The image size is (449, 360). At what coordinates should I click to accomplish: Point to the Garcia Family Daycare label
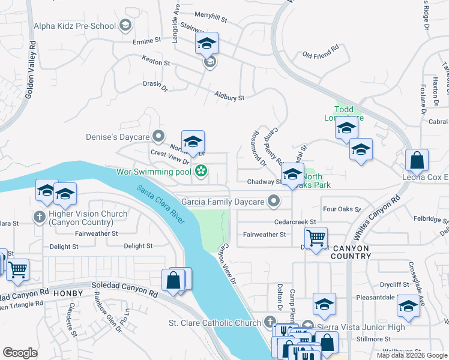(223, 202)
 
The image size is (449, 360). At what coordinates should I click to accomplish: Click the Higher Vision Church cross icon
(40, 217)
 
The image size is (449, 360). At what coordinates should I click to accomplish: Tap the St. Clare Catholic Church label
(214, 323)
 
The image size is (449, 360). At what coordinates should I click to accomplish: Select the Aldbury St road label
(230, 97)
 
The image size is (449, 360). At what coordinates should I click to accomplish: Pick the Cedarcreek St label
(294, 221)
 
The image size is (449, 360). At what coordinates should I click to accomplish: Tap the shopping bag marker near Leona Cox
(417, 161)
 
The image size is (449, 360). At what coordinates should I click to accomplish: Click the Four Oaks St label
(341, 210)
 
